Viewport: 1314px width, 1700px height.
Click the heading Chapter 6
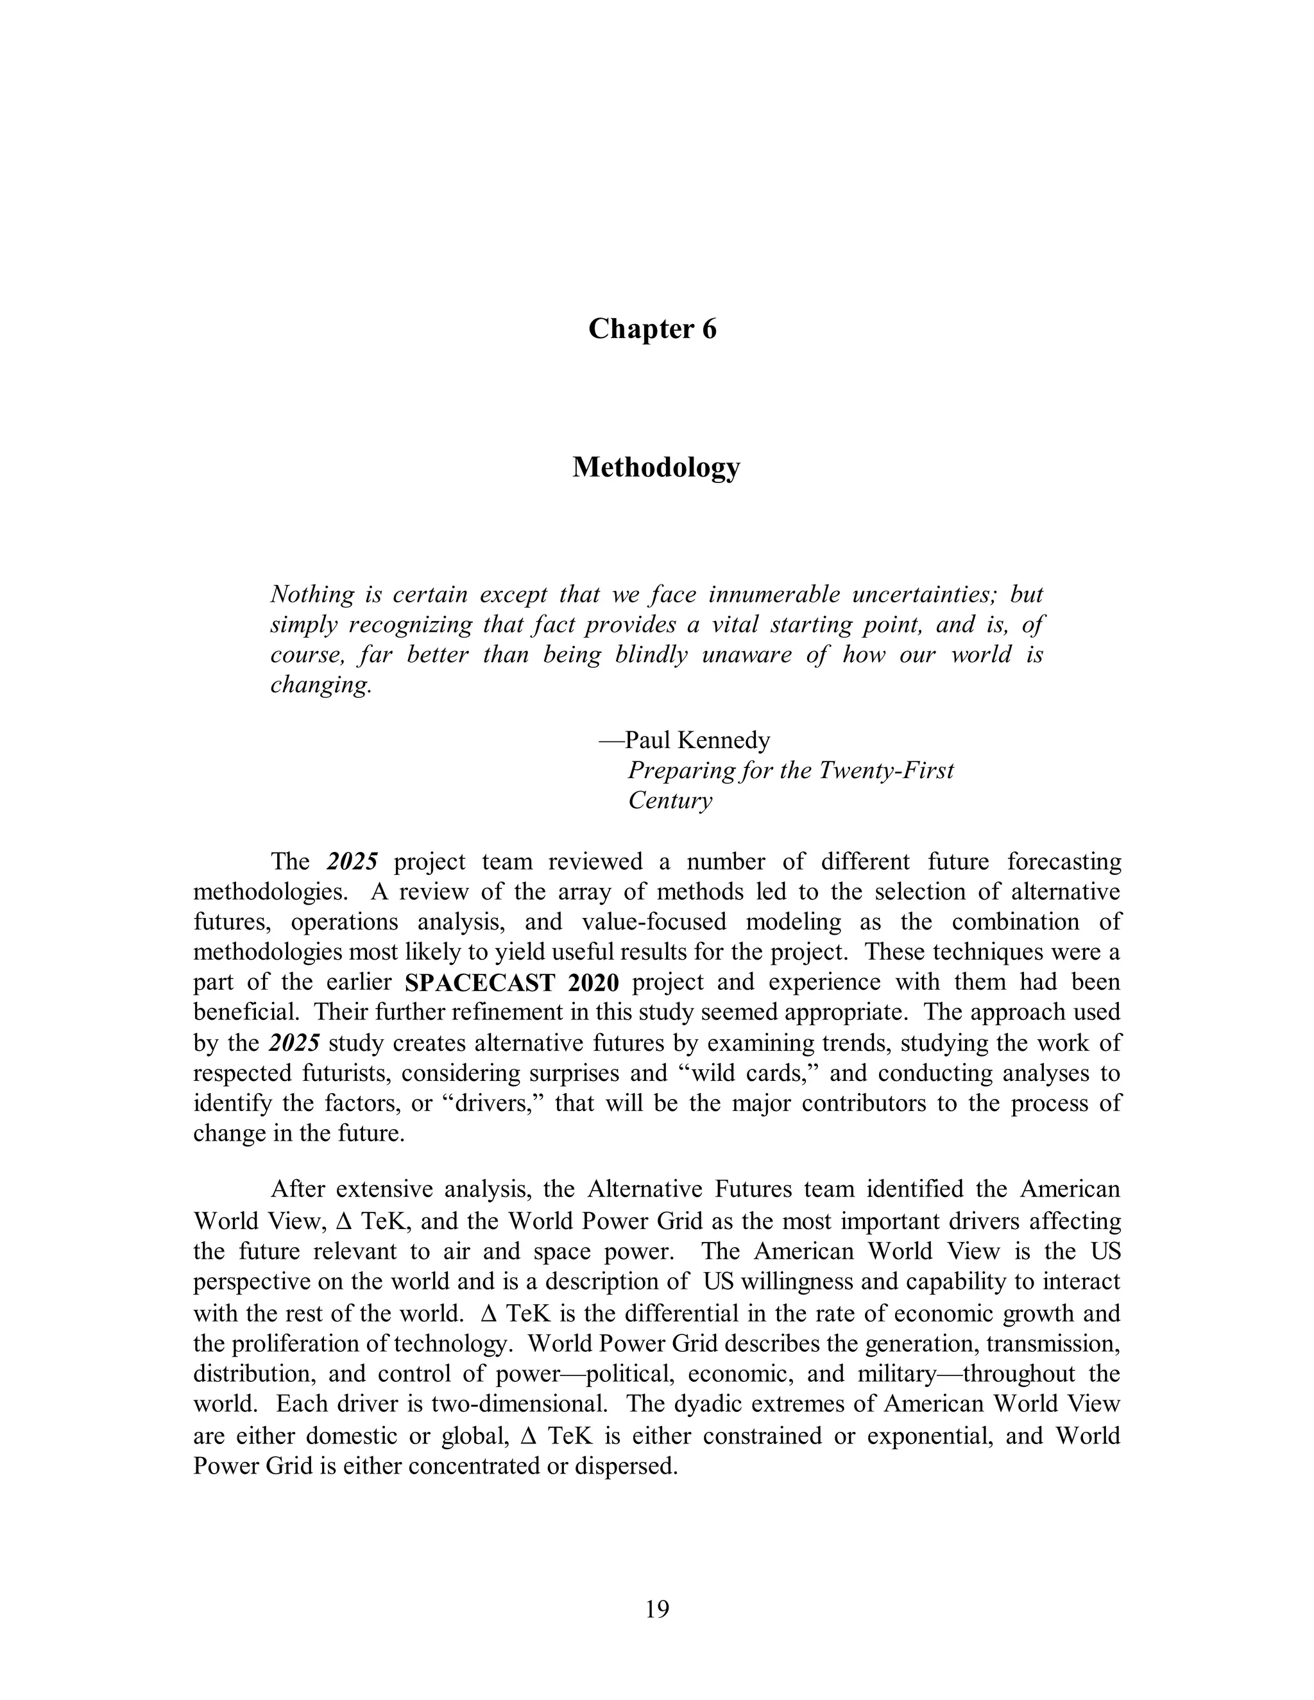652,329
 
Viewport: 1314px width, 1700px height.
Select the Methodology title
656,467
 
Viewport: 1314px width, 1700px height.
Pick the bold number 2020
593,982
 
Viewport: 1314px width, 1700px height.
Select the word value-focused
653,922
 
